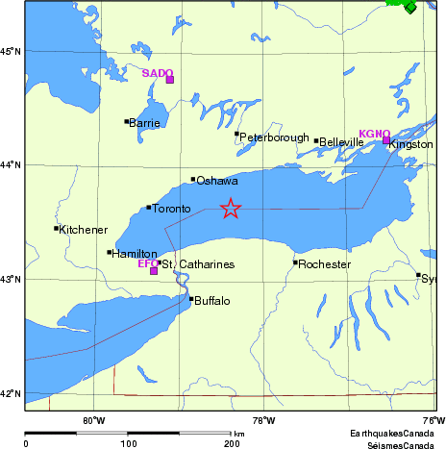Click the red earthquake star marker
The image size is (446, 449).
(230, 208)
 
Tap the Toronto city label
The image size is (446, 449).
(172, 209)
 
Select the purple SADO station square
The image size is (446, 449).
(170, 80)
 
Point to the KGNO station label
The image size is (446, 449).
(374, 134)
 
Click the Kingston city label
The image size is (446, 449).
(411, 144)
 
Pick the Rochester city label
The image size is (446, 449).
(322, 264)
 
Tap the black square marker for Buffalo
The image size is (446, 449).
(191, 299)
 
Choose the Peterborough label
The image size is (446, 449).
(274, 137)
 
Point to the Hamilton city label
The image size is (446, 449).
(135, 255)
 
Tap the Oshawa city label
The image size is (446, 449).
(216, 181)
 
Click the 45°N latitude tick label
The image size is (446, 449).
(11, 51)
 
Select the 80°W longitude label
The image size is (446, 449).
(93, 419)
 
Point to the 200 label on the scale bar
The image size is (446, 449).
(232, 444)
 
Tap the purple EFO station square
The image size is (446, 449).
(154, 271)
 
